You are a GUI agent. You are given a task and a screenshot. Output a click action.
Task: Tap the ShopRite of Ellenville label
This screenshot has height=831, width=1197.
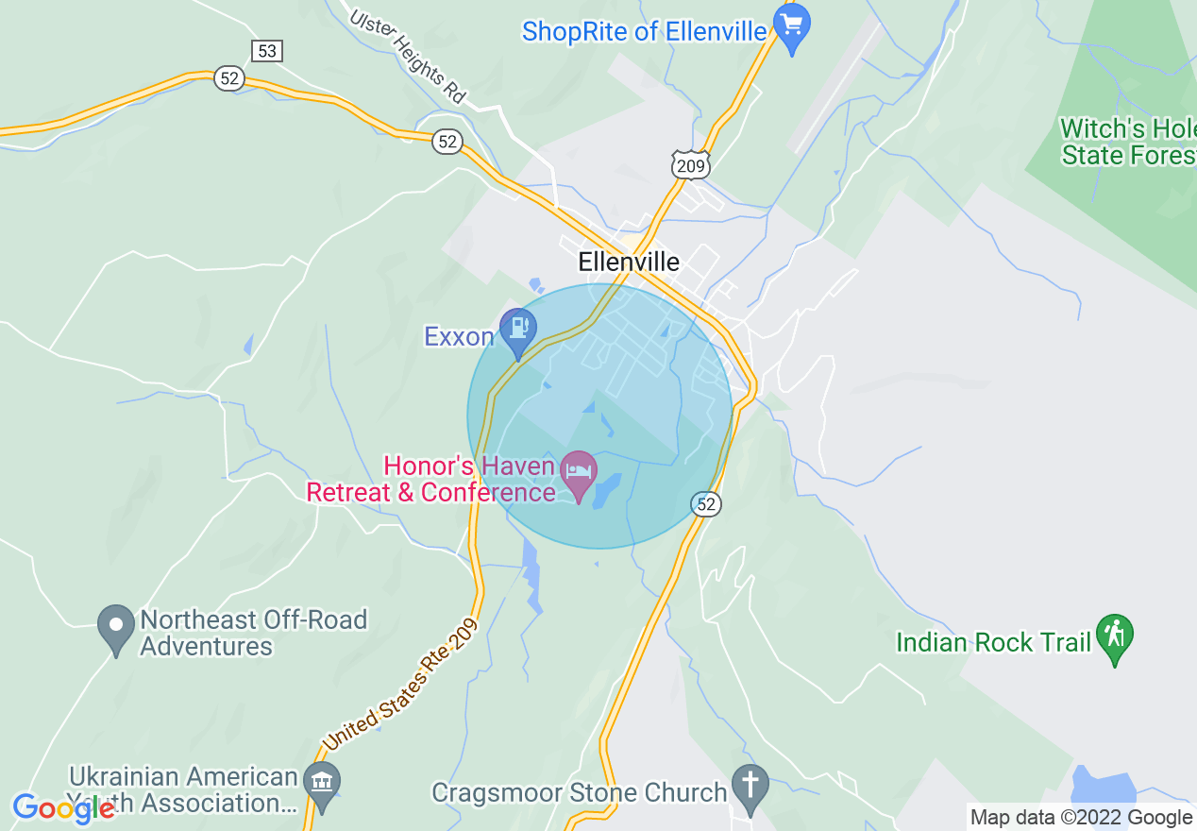click(644, 32)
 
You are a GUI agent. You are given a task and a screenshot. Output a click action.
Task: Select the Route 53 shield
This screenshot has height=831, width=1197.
click(267, 50)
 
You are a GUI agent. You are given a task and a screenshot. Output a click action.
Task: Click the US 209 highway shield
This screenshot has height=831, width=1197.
click(690, 166)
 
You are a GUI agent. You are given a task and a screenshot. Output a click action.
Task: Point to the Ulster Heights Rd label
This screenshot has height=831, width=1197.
click(409, 57)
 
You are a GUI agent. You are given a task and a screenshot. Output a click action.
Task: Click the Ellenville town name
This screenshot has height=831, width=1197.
click(629, 262)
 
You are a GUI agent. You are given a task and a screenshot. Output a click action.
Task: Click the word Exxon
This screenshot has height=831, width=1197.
click(459, 337)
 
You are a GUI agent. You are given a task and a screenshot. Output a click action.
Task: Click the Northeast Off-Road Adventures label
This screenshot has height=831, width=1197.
click(253, 633)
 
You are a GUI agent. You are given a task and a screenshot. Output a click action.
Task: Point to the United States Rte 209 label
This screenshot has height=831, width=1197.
click(401, 685)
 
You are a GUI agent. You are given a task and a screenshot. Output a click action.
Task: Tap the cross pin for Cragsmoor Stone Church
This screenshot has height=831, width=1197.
click(750, 786)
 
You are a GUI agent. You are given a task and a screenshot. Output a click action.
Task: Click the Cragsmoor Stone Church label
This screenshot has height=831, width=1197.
click(579, 792)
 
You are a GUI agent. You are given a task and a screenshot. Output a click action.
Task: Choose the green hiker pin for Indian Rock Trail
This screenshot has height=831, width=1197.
click(1115, 636)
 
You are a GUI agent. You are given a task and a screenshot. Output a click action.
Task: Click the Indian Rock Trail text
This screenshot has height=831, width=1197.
click(993, 643)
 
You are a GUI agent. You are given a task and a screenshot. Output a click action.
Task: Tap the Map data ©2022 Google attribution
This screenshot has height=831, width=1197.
click(1081, 818)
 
